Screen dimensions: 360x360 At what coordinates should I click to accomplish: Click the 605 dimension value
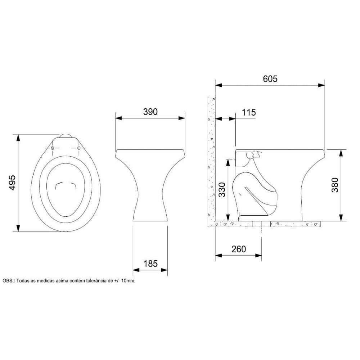tap(270, 79)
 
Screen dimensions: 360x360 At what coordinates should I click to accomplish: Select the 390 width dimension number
tap(150, 112)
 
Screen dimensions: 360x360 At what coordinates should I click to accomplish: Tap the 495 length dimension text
tap(12, 183)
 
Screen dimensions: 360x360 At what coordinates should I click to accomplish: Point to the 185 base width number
tap(150, 264)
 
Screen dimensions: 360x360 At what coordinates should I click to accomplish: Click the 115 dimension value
tap(249, 112)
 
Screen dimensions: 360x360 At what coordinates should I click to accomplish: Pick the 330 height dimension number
tap(222, 190)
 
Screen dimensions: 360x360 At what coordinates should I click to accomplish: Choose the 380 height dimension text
tap(335, 185)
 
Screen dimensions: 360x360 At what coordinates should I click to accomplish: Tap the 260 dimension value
tap(239, 249)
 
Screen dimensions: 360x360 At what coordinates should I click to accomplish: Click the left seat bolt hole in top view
tap(52, 148)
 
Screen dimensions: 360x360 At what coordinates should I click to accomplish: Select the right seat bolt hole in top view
tap(79, 148)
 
